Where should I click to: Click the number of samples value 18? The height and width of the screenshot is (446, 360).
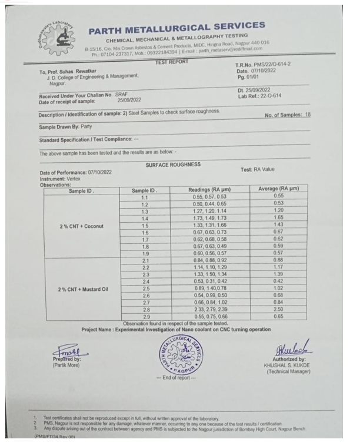(307, 115)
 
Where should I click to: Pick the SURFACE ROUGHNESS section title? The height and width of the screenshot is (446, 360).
(173, 165)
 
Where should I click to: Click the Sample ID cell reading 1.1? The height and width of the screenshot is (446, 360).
(144, 196)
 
